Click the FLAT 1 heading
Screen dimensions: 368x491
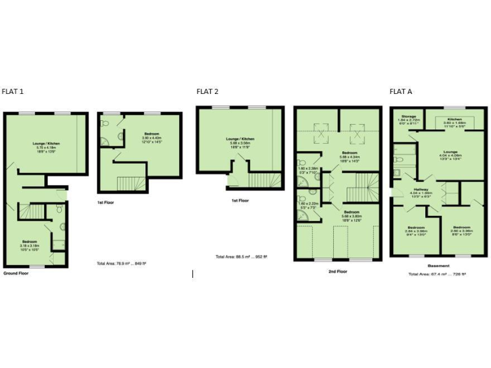point(13,91)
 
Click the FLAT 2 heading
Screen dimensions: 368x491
point(208,91)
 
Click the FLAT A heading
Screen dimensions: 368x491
point(401,91)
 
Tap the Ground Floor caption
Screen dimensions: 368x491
point(15,273)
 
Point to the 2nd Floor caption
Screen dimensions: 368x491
point(337,272)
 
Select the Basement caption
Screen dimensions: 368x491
point(439,266)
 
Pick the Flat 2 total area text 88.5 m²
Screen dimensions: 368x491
point(241,257)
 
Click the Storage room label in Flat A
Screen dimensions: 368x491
point(409,117)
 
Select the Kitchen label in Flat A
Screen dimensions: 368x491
point(455,119)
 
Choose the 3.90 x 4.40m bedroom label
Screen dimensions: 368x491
point(152,134)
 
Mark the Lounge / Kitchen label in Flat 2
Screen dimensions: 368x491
point(240,138)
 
